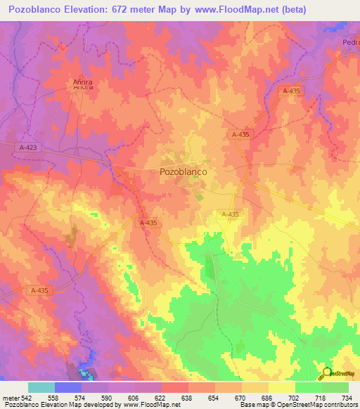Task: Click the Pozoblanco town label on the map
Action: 177,171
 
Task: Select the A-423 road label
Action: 27,146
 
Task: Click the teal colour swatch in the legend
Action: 41,387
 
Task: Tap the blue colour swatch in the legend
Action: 68,387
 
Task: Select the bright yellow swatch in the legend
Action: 282,387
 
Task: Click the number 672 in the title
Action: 122,9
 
